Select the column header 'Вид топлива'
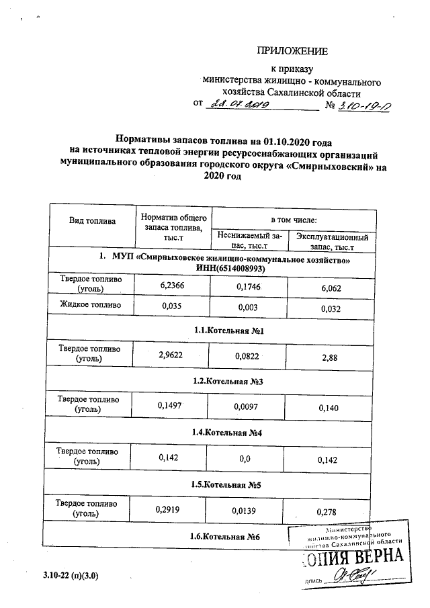point(92,221)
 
